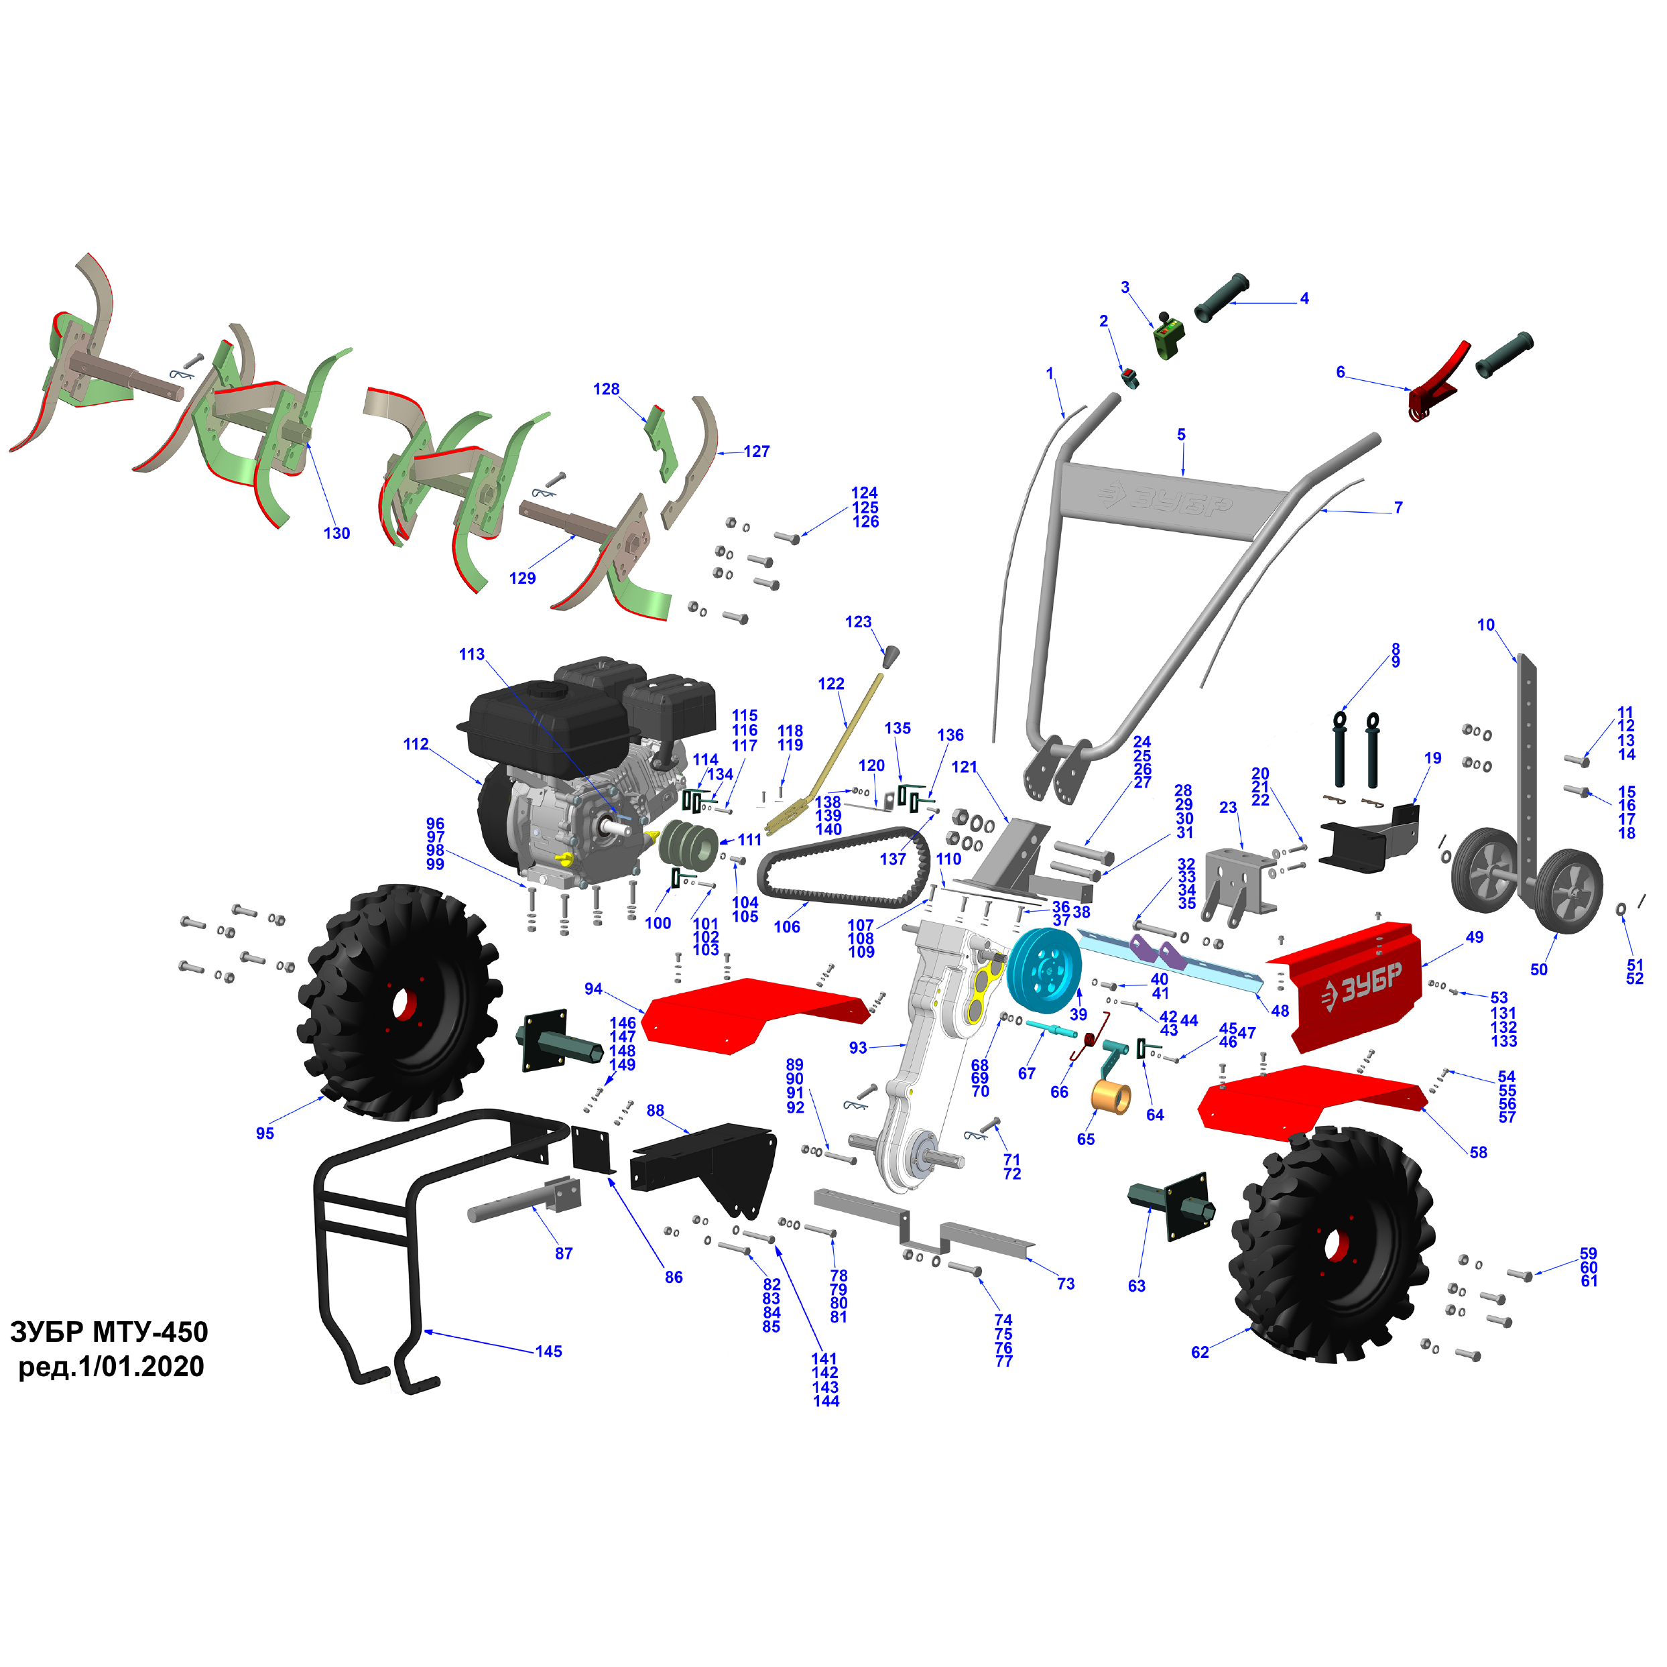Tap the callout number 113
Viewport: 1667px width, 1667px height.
click(x=471, y=654)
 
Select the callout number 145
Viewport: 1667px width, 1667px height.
click(x=549, y=1351)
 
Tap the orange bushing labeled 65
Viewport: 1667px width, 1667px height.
click(x=1111, y=1097)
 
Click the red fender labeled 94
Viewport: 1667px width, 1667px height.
click(x=755, y=1015)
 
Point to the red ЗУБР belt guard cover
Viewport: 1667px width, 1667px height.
click(x=1345, y=986)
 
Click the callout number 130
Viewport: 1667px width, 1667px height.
click(x=336, y=534)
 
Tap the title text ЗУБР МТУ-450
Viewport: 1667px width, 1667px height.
click(x=109, y=1331)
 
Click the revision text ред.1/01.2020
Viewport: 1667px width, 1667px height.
click(x=111, y=1367)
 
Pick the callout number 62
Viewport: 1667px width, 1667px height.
click(x=1200, y=1352)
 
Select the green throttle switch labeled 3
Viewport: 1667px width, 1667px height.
click(x=1169, y=336)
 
